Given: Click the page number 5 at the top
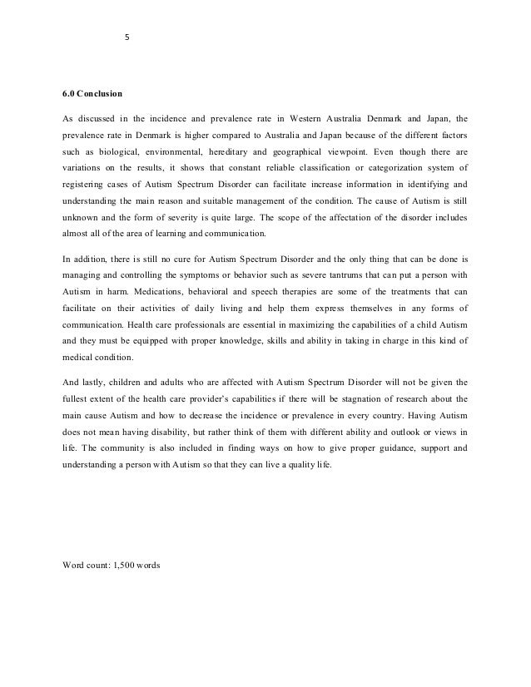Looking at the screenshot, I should (x=127, y=37).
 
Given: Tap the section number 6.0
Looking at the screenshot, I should (x=71, y=93).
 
